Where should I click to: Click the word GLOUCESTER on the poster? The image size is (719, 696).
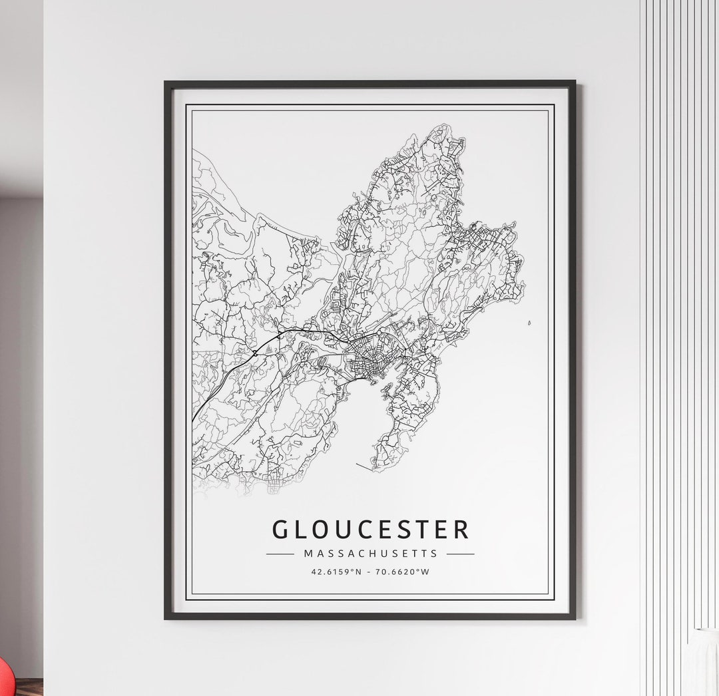(x=370, y=530)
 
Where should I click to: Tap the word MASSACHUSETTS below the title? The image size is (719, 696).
(x=371, y=553)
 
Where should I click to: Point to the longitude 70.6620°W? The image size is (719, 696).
(x=402, y=571)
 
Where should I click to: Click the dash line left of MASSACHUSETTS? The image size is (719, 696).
(x=280, y=554)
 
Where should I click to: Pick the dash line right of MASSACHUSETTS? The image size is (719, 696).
(x=461, y=554)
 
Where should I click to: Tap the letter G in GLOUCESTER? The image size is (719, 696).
(x=281, y=530)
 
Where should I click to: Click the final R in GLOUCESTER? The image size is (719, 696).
(x=461, y=530)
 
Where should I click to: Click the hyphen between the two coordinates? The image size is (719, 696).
(x=370, y=571)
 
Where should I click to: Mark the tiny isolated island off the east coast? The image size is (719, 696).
(x=529, y=323)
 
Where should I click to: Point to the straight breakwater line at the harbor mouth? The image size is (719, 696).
(x=365, y=465)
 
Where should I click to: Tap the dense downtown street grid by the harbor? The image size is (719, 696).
(x=365, y=359)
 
